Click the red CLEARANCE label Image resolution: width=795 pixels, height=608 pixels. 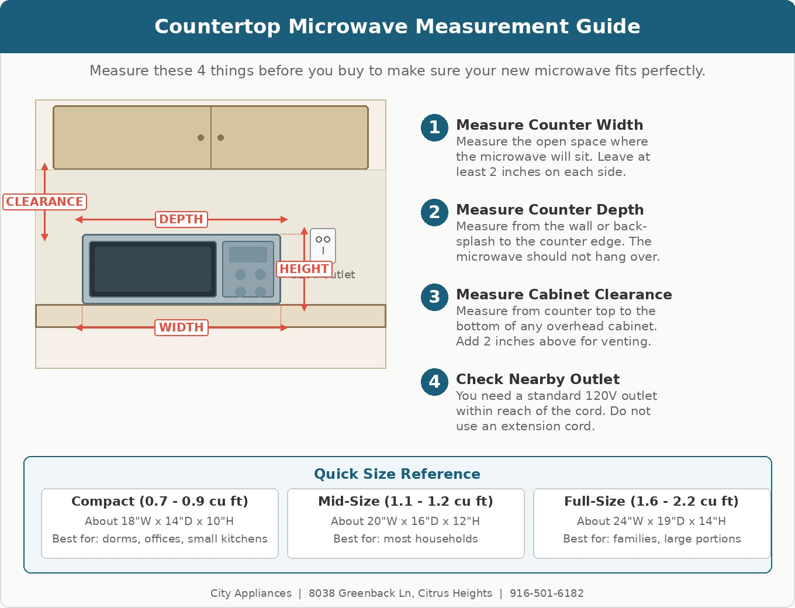pos(45,202)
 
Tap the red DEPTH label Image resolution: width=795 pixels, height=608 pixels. pos(181,219)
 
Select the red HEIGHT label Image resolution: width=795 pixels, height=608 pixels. pos(304,269)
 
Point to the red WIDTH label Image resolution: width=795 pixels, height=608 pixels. pos(181,327)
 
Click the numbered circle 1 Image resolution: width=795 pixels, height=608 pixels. pos(434,127)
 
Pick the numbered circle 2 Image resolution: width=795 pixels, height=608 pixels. pos(434,212)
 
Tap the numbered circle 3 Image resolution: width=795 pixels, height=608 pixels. pos(434,297)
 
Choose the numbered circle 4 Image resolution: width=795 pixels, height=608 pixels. pos(434,382)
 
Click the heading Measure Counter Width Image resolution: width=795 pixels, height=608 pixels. pos(549,125)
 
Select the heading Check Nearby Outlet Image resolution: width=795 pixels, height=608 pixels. pos(538,379)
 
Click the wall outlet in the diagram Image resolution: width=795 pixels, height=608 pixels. pos(323,244)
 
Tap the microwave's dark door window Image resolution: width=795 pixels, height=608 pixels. pos(153,269)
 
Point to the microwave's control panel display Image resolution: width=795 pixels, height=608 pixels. pos(248,254)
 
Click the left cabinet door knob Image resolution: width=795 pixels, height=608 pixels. pos(201,138)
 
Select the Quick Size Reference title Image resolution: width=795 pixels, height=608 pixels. pos(397,474)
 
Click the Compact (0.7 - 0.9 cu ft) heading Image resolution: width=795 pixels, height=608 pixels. pos(160,502)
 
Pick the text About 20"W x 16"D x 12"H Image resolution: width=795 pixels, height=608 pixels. pos(406,521)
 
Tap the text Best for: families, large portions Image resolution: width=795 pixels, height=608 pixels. pos(652,539)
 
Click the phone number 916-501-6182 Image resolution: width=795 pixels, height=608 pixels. pos(547,593)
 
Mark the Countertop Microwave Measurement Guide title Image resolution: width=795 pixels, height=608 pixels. pos(397,26)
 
